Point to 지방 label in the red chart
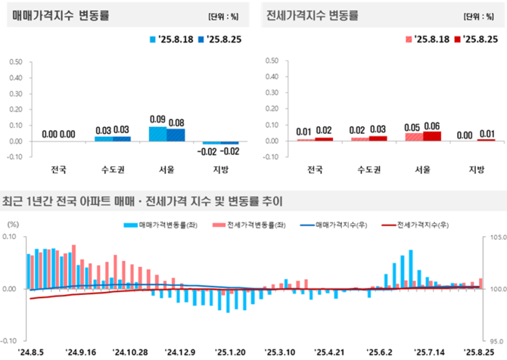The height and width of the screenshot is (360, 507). (475, 168)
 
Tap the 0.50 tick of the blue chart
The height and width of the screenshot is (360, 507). (15, 61)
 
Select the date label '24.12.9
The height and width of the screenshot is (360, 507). (181, 352)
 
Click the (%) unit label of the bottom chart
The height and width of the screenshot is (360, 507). (13, 224)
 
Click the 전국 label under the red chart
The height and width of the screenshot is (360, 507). (313, 168)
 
